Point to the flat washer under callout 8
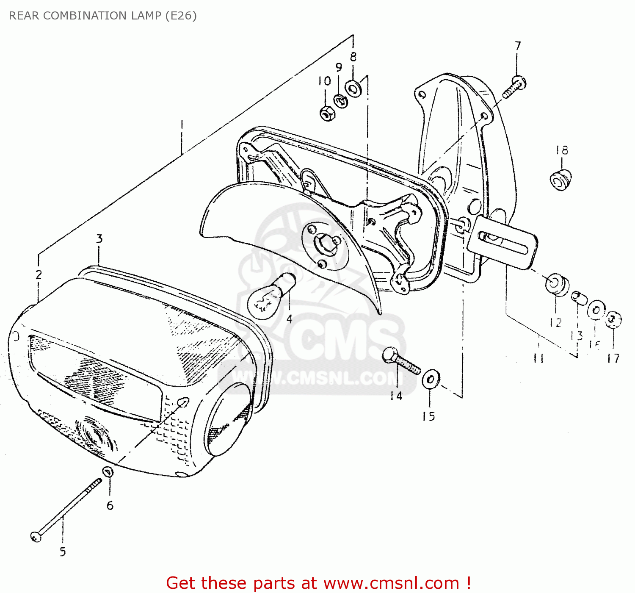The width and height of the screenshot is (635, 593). tap(353, 89)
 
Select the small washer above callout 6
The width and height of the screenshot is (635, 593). tap(108, 471)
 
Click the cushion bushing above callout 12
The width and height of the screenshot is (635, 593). tap(556, 285)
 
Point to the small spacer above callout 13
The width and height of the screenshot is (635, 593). tap(579, 297)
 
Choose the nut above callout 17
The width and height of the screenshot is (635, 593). tap(613, 319)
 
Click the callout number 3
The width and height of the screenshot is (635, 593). tap(99, 239)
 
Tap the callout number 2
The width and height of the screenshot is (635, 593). tap(39, 274)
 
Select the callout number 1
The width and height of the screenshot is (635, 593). tap(182, 125)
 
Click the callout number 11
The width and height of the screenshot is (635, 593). tap(538, 358)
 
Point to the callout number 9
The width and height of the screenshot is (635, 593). tap(339, 67)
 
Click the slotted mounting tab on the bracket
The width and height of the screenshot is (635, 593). tap(504, 244)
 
